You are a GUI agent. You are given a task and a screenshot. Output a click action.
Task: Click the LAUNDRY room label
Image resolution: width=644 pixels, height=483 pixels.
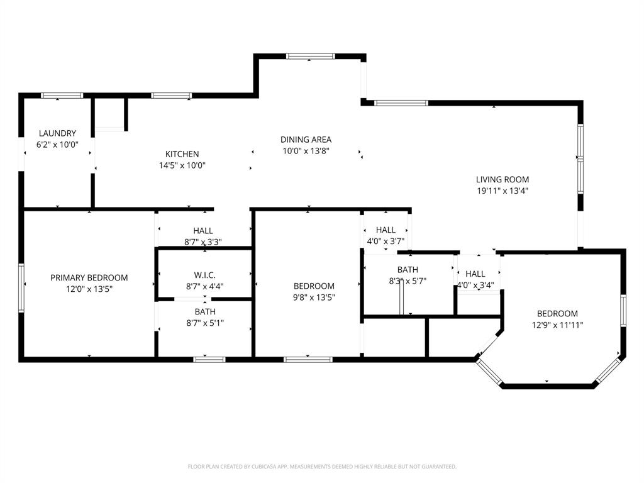click(57, 133)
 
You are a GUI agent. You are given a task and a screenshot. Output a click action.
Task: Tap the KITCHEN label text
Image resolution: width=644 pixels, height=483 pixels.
click(182, 154)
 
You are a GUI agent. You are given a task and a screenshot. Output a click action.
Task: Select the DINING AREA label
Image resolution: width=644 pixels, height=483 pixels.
click(306, 140)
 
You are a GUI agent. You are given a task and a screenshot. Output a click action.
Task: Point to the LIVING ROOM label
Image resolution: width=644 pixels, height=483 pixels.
click(502, 179)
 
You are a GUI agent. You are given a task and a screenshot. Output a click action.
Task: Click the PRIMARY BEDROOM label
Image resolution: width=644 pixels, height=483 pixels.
click(89, 277)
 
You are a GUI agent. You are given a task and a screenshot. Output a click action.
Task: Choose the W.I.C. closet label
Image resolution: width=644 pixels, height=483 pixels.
click(204, 275)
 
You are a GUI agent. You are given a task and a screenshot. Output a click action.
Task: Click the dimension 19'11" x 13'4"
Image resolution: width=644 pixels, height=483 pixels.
click(502, 191)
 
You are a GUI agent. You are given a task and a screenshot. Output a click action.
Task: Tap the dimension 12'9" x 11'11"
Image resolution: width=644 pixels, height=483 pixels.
click(557, 325)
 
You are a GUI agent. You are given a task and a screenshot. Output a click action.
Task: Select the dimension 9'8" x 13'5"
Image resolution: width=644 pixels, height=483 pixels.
click(313, 297)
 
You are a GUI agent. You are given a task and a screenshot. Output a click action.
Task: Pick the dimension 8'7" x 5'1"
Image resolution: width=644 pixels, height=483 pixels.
click(204, 323)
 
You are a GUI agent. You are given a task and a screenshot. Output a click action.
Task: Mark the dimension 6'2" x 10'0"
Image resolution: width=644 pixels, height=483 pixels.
click(57, 145)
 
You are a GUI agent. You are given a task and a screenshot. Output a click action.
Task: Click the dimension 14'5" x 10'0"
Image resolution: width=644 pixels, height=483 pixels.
click(182, 165)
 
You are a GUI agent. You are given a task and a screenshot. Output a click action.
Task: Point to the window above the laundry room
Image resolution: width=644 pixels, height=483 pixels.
click(62, 96)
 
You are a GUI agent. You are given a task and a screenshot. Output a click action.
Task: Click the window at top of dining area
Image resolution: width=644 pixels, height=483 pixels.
click(310, 57)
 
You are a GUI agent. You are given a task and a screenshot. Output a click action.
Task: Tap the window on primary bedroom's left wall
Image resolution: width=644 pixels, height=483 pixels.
click(21, 288)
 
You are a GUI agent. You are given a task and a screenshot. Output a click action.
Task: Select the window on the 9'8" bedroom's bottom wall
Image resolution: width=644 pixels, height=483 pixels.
click(308, 360)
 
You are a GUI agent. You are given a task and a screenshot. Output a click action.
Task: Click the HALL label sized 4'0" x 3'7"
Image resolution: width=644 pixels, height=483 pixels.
click(386, 230)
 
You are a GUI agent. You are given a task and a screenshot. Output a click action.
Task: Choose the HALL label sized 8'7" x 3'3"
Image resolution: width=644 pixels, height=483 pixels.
click(203, 231)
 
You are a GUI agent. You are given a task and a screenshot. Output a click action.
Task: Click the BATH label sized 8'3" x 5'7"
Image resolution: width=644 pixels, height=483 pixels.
click(408, 270)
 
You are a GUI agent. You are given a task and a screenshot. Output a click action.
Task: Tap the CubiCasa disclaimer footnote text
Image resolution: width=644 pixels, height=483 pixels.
click(322, 467)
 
